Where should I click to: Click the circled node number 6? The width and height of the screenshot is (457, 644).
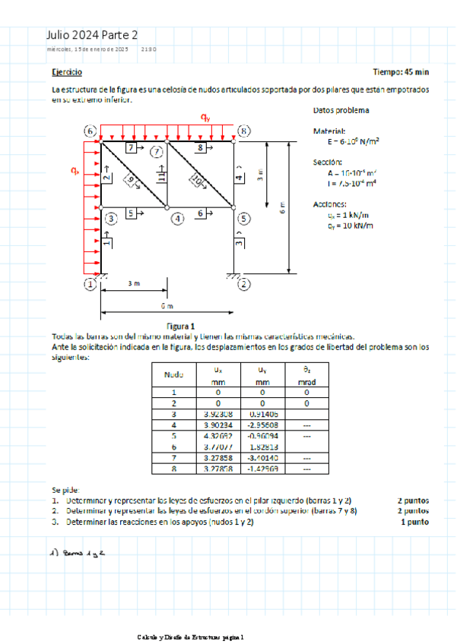(90, 131)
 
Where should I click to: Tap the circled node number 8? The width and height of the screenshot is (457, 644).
(243, 131)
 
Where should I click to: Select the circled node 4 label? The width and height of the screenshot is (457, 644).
(178, 219)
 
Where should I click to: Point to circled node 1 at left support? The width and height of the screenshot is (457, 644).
(90, 285)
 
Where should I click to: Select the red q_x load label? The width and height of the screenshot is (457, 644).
(75, 172)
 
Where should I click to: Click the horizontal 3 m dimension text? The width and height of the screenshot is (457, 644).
(134, 283)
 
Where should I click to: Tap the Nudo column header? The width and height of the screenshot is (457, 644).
(174, 374)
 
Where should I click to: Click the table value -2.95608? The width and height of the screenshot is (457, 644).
(263, 425)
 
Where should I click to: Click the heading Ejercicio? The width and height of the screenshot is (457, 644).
(68, 71)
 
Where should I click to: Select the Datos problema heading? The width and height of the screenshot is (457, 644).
(341, 111)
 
